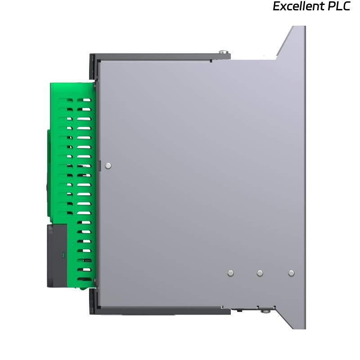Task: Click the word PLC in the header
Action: click(339, 6)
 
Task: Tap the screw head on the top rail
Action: click(223, 52)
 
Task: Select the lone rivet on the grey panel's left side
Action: click(108, 166)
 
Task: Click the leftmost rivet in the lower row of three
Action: click(230, 273)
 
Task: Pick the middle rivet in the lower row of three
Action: click(260, 273)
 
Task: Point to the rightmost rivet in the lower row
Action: click(291, 273)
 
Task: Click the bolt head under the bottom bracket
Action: click(266, 311)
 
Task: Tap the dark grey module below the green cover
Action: click(57, 256)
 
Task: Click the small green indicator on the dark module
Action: click(63, 255)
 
